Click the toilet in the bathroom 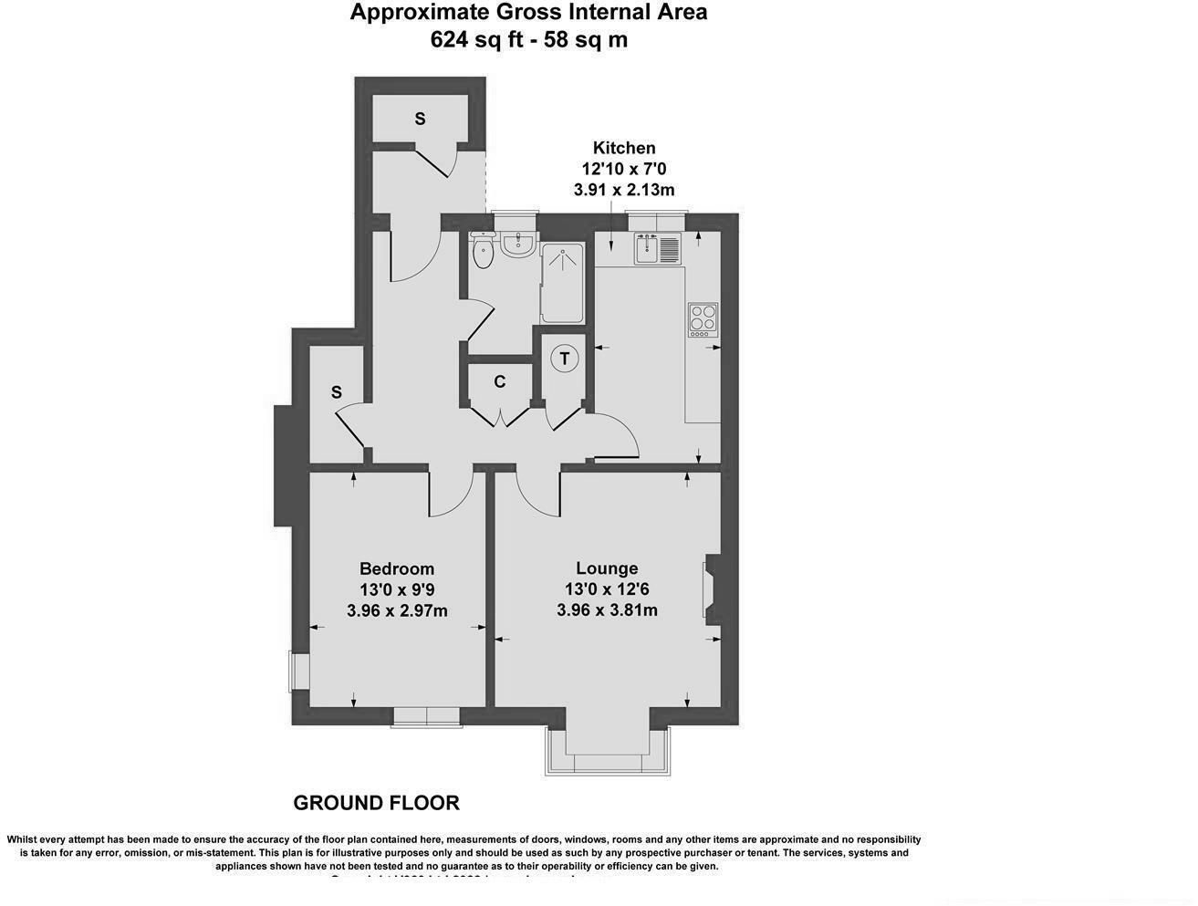483,252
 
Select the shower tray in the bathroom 563,283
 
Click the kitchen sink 659,248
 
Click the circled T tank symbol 565,359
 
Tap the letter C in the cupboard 500,381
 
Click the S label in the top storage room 420,119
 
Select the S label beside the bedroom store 336,392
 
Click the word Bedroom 396,568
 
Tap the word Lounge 607,568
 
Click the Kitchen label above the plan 624,148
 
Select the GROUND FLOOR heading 376,803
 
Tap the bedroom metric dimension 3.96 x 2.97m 397,610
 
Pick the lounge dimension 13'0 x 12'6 607,589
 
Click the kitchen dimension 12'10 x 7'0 624,169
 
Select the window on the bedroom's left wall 298,672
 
